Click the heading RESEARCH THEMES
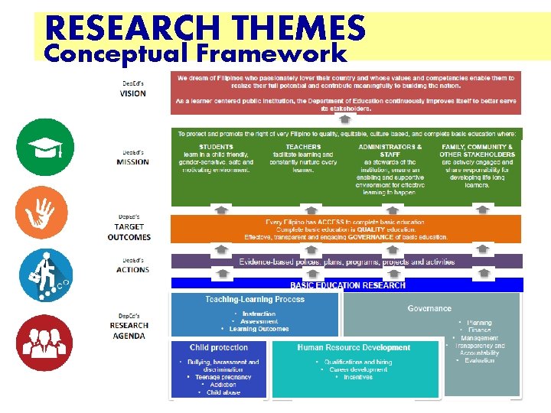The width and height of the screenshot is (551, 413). [x=205, y=28]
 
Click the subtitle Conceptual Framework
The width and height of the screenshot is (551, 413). [x=195, y=54]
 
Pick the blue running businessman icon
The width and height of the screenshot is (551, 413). [x=45, y=274]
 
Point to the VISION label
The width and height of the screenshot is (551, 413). [x=132, y=93]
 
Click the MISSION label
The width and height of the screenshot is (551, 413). [x=132, y=161]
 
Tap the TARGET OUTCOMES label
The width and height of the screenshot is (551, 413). [x=129, y=232]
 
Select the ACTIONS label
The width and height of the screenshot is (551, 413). [x=132, y=269]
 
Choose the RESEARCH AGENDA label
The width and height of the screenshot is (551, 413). [x=129, y=330]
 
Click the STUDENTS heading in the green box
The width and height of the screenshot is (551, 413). [x=216, y=147]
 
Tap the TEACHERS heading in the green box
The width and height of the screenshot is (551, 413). [x=303, y=147]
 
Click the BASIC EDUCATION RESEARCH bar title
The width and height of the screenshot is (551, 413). [x=347, y=285]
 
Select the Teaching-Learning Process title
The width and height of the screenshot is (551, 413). [x=254, y=299]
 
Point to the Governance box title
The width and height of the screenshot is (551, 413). [x=429, y=308]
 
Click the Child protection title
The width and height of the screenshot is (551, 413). [x=219, y=347]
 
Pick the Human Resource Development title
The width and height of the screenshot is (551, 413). [x=354, y=347]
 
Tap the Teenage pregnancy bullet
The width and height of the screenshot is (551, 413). [x=223, y=377]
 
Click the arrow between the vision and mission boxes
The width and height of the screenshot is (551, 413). [x=345, y=120]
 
